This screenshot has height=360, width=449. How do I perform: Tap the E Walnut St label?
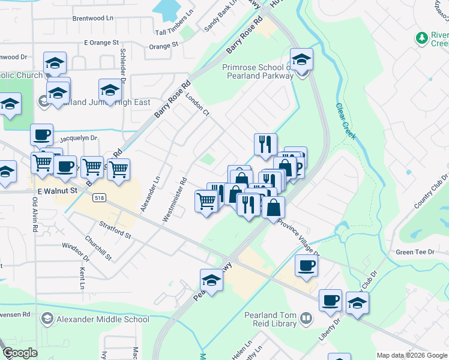[x=58, y=190]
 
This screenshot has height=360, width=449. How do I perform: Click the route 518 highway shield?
[x=100, y=197]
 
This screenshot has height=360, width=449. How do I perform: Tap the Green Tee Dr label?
[x=415, y=252]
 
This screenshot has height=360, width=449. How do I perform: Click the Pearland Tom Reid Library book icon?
[x=306, y=317]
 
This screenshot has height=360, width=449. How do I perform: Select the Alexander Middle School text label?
[x=103, y=319]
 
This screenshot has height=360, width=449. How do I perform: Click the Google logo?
[x=20, y=353]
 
